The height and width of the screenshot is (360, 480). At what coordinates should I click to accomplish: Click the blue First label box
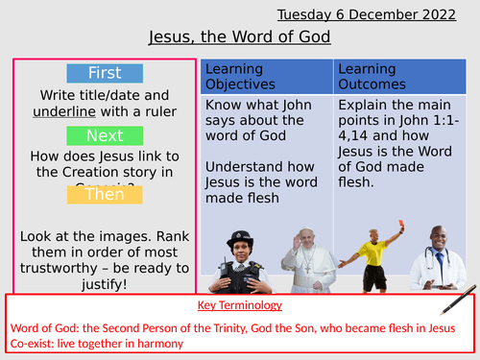point(106,74)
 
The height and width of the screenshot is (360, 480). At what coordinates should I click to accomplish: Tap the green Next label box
point(106,135)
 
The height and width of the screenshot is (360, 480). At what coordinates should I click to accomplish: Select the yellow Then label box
point(106,193)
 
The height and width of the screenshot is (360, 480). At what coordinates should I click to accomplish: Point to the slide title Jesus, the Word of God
point(240,38)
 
